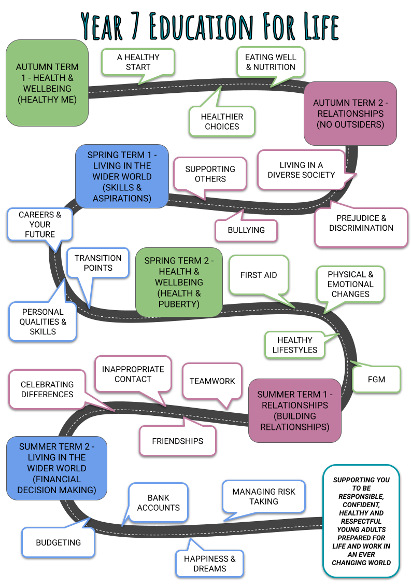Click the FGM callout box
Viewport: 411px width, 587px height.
[x=376, y=379]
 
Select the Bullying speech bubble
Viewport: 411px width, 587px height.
[x=246, y=230]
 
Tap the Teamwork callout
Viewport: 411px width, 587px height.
[x=212, y=381]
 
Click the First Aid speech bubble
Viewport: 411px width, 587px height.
[x=259, y=275]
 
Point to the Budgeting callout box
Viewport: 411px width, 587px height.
[x=58, y=542]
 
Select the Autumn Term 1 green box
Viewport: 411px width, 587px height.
[x=47, y=83]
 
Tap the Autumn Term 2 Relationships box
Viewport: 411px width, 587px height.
[x=350, y=114]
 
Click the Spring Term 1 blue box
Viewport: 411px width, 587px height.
[x=122, y=176]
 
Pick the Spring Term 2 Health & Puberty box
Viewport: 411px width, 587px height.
[x=179, y=282]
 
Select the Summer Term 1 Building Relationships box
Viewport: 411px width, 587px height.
[x=295, y=411]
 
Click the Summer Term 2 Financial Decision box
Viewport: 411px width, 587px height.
[x=56, y=468]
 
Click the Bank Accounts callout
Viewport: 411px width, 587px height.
[x=159, y=503]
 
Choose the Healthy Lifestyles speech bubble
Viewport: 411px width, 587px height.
[x=294, y=345]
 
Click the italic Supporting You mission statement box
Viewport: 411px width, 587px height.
[x=361, y=521]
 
